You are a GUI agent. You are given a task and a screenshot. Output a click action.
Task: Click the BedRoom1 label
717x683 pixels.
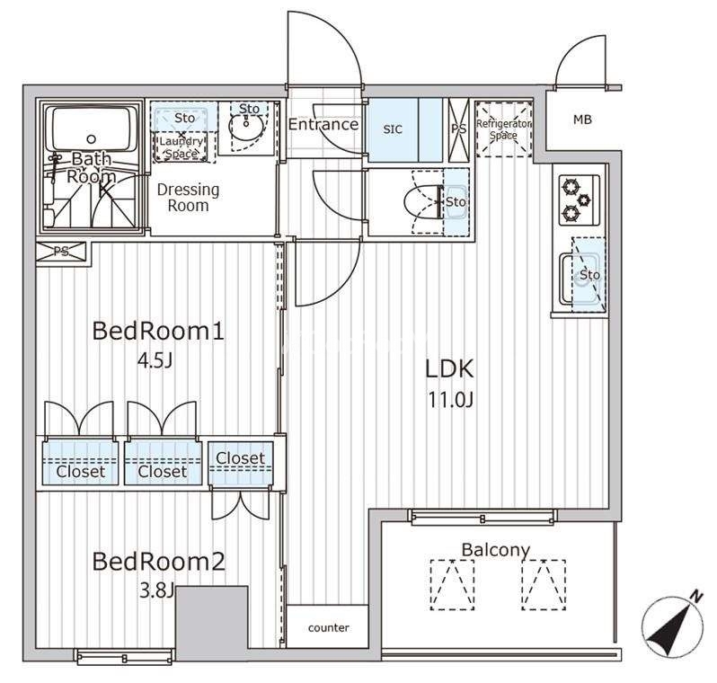click(158, 331)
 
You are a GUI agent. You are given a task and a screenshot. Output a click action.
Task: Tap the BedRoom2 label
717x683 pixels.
click(159, 562)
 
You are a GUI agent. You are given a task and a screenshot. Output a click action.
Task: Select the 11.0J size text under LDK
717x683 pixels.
click(450, 400)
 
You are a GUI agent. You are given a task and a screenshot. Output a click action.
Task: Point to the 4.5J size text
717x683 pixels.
click(155, 361)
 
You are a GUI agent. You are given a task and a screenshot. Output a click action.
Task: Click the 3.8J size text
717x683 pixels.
click(156, 591)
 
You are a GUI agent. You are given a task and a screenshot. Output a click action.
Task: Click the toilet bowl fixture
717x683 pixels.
click(424, 201)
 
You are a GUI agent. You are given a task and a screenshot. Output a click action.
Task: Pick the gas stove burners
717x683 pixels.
click(580, 200)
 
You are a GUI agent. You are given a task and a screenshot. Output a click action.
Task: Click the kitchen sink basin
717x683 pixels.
click(581, 279)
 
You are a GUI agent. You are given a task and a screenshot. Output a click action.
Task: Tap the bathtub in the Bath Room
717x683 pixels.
click(92, 129)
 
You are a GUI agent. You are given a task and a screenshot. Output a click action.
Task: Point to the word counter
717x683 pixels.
click(328, 627)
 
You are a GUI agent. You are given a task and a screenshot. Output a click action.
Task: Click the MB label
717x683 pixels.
click(582, 120)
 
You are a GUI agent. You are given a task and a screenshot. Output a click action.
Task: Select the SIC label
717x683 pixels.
click(393, 129)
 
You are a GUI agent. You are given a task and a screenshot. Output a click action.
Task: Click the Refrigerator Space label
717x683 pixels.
click(503, 129)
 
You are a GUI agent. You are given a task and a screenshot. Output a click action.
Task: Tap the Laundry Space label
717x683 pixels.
click(181, 147)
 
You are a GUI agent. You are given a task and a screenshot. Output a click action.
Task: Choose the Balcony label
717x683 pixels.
click(496, 549)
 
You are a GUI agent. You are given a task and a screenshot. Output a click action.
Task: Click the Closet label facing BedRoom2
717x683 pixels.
click(241, 458)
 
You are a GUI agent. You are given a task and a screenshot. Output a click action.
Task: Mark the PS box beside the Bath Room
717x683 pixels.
click(61, 252)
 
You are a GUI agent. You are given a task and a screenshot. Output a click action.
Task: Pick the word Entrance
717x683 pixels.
click(323, 124)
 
